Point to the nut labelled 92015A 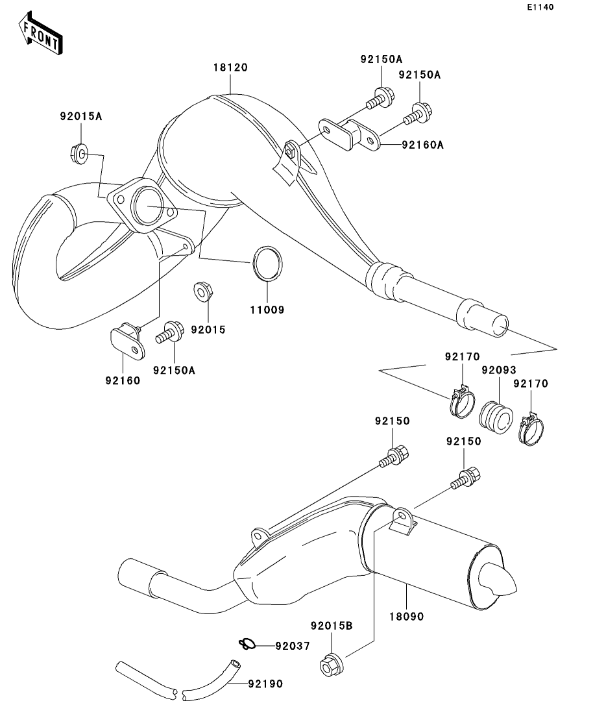[x=78, y=154]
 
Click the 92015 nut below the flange [x=202, y=291]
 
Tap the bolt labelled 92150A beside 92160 [x=169, y=332]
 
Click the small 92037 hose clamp [x=246, y=645]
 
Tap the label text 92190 [x=265, y=684]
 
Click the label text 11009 [x=267, y=310]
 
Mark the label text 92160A [x=422, y=145]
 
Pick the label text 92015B [x=331, y=626]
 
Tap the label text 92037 [x=293, y=646]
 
